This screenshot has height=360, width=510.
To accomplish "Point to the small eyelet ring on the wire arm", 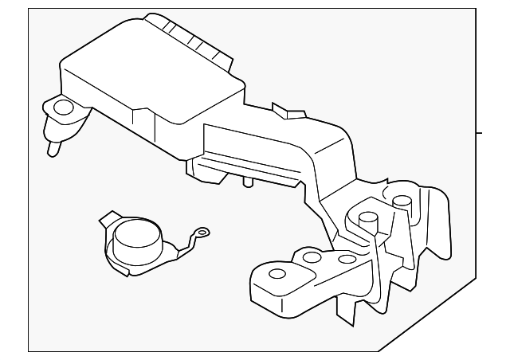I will click(204, 233).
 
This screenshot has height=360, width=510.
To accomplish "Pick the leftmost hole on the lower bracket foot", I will click(277, 274).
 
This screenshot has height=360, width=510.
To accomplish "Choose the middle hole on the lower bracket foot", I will click(311, 257).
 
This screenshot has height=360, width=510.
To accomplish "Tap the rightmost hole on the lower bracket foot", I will click(346, 260).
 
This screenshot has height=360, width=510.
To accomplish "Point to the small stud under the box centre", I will click(247, 184).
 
